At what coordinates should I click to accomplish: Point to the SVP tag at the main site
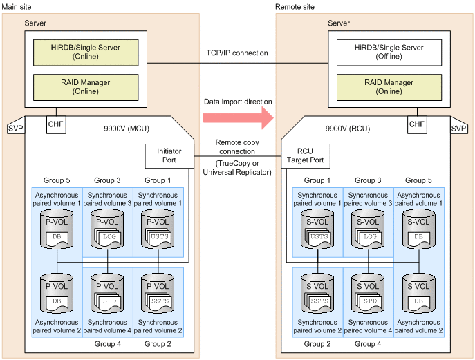[15, 129]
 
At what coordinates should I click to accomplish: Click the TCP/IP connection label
[237, 53]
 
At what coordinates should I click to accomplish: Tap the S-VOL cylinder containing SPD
[368, 294]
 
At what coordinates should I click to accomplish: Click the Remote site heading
[296, 6]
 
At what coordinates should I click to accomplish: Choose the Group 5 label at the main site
[57, 180]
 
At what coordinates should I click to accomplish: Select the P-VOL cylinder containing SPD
[108, 294]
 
